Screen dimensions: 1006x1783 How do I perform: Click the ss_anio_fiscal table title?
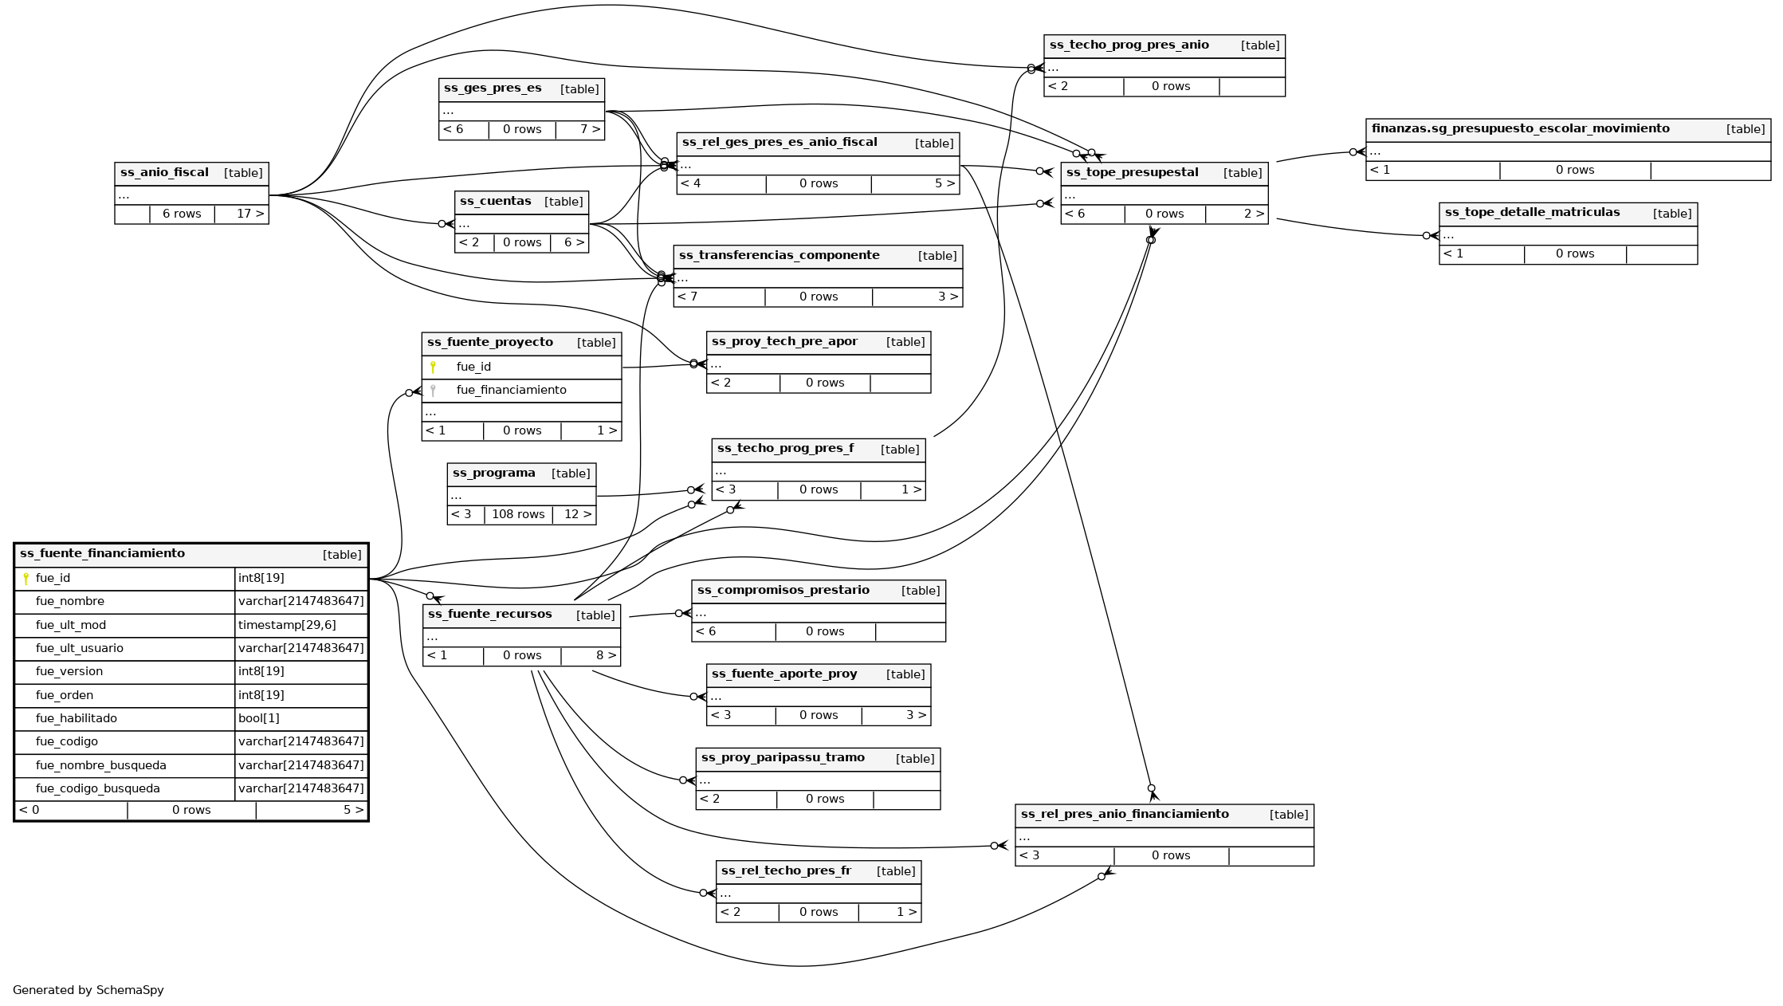[164, 173]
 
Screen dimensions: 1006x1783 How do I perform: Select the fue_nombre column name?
[70, 602]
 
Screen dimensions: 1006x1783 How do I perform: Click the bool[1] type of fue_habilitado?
[259, 719]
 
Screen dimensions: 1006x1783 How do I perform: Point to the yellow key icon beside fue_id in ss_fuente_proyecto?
[433, 367]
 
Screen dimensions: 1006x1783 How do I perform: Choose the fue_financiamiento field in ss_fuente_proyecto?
[511, 391]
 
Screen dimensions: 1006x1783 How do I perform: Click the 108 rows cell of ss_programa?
[518, 515]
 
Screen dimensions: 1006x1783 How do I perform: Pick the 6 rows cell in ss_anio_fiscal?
[182, 214]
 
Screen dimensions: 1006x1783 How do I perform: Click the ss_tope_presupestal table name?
[1132, 173]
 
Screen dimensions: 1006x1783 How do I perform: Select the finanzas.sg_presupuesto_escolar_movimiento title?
[1520, 129]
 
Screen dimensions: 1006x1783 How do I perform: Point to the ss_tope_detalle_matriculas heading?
[1532, 213]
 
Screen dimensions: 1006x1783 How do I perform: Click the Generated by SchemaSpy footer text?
[88, 991]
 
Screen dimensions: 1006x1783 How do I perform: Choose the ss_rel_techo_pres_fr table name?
[786, 871]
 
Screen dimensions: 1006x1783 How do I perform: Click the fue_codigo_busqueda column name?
[98, 789]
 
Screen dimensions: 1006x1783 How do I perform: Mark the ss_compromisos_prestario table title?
[783, 591]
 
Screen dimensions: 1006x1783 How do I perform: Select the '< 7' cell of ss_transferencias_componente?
[688, 297]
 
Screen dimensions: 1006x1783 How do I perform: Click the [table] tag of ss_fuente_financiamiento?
[342, 556]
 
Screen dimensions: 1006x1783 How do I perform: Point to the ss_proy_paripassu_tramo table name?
[783, 758]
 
